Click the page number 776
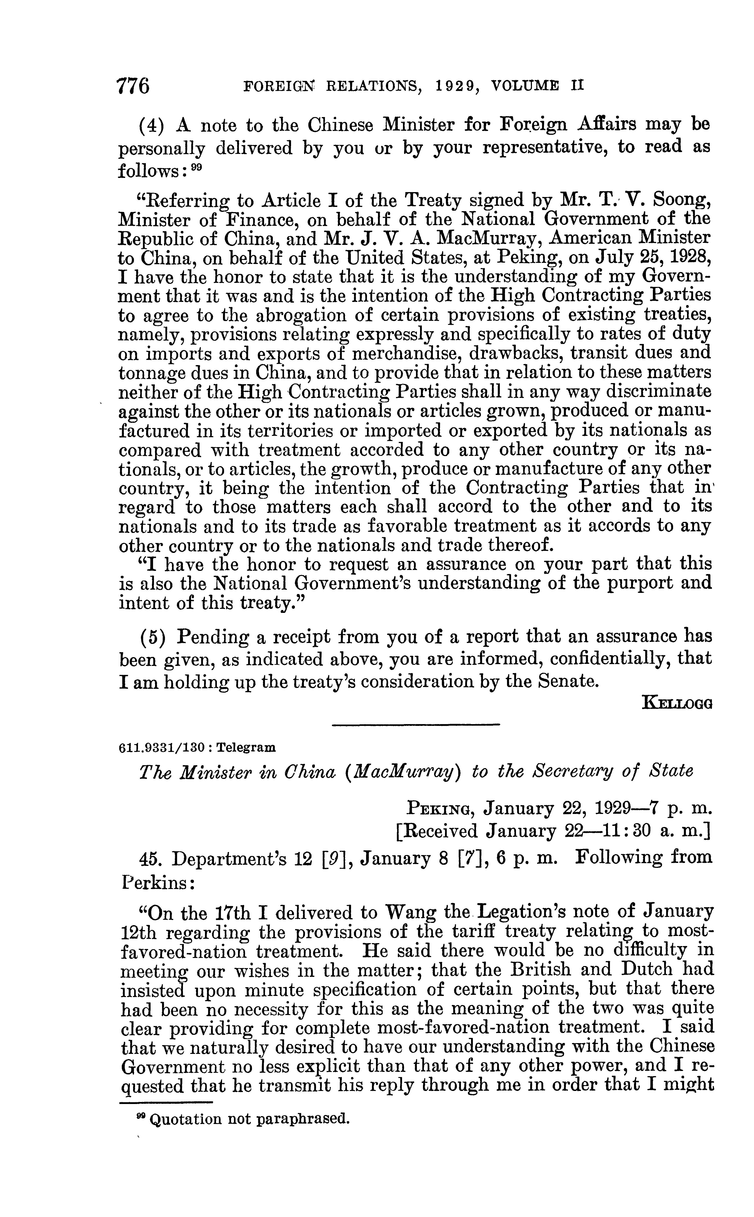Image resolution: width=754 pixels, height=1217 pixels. point(133,86)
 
